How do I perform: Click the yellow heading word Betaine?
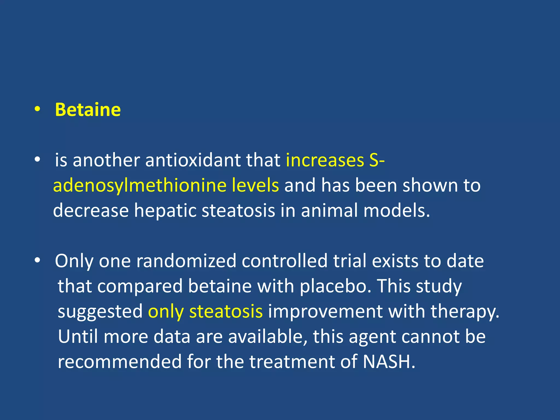coord(88,110)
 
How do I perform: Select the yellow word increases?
coord(325,160)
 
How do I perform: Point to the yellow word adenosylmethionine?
coord(139,185)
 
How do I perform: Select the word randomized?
coord(186,261)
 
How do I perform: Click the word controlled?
coord(284,261)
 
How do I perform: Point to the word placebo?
coord(336,286)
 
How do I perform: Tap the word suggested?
coord(100,312)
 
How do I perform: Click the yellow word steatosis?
coord(226,312)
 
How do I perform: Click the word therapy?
coord(465,312)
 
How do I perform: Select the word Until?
coord(78,337)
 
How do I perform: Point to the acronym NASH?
coord(389,362)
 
